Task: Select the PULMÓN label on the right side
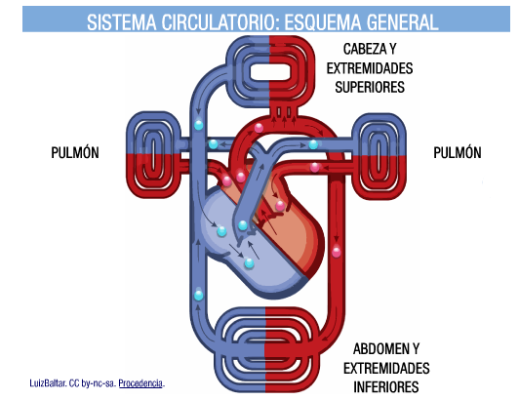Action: [457, 153]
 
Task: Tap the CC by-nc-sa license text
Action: [91, 383]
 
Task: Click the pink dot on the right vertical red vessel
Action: [338, 253]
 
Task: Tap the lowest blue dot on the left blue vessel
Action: [199, 295]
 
